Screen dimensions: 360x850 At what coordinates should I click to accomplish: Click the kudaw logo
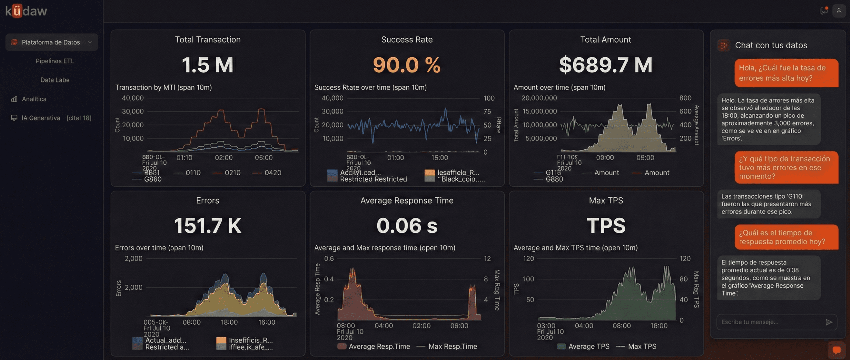(26, 11)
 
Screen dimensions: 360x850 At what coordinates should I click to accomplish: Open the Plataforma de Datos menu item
(51, 42)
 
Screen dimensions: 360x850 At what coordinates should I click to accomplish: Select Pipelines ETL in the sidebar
(55, 61)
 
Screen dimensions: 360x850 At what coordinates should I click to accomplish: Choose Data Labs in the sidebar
(55, 80)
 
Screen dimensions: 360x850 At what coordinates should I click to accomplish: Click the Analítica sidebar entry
(34, 99)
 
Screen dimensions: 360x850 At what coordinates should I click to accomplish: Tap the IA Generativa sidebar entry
(41, 118)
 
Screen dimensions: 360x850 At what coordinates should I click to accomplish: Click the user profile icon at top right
(839, 11)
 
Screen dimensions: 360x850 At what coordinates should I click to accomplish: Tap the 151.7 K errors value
(208, 226)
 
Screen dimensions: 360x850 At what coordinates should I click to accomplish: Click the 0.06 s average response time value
(406, 226)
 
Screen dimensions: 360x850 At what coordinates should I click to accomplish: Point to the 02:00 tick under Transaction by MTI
(224, 158)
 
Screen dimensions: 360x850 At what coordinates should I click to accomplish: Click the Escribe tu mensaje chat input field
(769, 322)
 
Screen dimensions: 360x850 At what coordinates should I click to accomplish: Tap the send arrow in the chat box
(829, 322)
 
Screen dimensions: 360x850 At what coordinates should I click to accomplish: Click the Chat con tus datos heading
(771, 45)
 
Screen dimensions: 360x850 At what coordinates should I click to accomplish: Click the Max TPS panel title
(606, 200)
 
